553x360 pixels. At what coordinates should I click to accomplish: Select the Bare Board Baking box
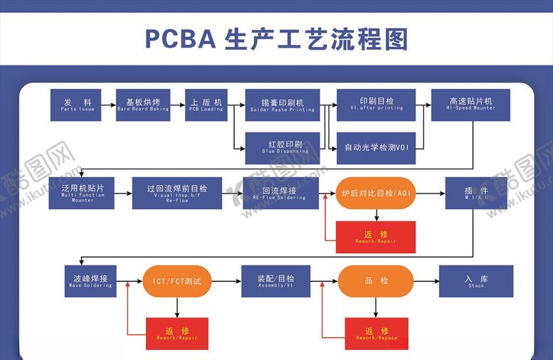[143, 105]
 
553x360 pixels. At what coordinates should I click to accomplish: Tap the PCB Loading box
[206, 105]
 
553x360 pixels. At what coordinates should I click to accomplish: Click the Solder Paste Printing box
[282, 105]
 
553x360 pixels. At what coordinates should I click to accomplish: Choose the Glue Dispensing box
[282, 147]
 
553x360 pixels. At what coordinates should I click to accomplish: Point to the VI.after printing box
[376, 105]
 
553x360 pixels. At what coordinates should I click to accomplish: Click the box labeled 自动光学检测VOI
[376, 147]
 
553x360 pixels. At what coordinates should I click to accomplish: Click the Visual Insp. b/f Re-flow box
[177, 193]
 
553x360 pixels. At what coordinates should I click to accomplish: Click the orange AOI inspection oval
[375, 193]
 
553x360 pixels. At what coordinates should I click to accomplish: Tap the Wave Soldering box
[90, 281]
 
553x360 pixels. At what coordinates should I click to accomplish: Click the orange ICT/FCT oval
[177, 281]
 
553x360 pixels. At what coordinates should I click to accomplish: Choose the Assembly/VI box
[275, 281]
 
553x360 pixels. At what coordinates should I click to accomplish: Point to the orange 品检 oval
[375, 281]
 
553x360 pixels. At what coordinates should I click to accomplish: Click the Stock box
[476, 281]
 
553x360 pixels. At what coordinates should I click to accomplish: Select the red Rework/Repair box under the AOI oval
[375, 237]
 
